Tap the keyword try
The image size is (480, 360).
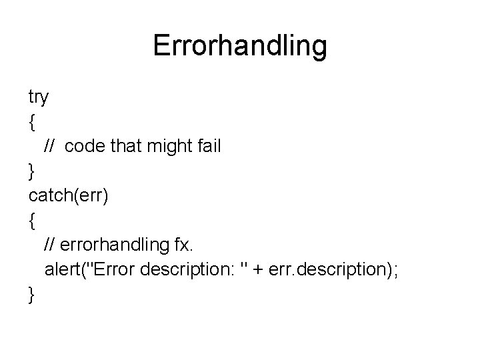pos(38,98)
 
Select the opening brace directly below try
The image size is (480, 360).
pos(31,122)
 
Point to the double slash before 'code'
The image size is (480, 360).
pos(51,145)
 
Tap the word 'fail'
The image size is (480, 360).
pos(205,145)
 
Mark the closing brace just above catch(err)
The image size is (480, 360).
pos(31,171)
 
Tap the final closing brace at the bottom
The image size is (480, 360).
pos(31,294)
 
